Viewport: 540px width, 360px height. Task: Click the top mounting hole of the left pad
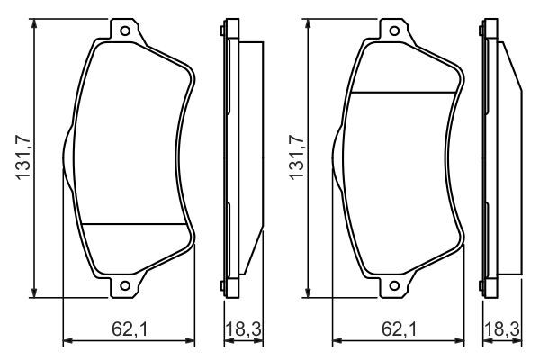point(125,31)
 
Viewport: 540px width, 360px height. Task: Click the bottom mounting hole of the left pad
point(125,285)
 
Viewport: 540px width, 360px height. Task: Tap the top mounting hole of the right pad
point(394,31)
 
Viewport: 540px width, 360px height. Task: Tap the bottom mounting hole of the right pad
point(394,285)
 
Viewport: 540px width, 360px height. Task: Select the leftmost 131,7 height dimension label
point(23,157)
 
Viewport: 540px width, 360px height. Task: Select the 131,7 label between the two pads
point(297,157)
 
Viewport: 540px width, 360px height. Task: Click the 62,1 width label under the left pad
point(130,329)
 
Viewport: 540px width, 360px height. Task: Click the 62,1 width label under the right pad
point(399,329)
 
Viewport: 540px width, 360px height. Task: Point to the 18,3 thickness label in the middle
point(244,329)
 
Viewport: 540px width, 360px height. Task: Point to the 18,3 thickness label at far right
point(502,329)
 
